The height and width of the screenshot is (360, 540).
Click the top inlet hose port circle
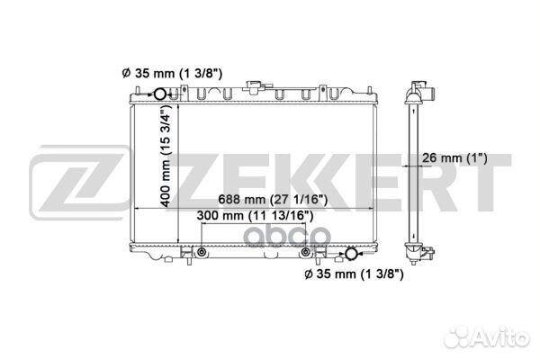point(159,96)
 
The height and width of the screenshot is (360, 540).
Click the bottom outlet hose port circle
point(350,255)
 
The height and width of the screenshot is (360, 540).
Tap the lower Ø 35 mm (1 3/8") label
point(352,274)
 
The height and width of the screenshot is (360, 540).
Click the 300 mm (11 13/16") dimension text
point(253,216)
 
